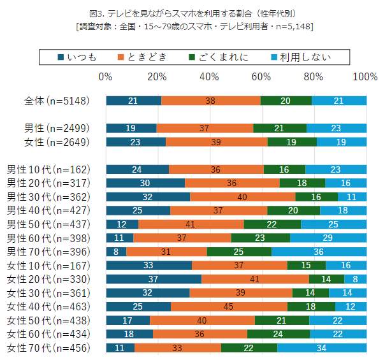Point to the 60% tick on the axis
coord(261,77)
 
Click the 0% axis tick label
coord(106,77)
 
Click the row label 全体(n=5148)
coord(56,101)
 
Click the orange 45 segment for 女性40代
coord(229,306)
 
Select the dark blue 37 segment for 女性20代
coord(154,279)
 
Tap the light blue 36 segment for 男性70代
coord(319,252)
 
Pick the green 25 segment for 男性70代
coord(239,252)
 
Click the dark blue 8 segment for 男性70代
coord(116,252)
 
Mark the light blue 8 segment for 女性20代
coord(356,279)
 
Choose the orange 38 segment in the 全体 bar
coord(211,101)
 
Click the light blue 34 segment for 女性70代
coord(322,348)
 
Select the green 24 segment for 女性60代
coord(279,334)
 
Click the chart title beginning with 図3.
coord(192,13)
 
